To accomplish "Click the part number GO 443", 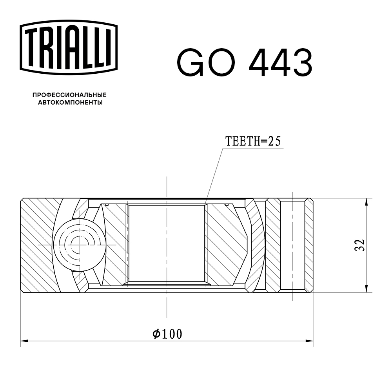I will pos(244,63).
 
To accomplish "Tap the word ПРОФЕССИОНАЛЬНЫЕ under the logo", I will pos(69,95).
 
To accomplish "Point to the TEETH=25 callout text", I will pos(253,142).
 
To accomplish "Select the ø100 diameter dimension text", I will pos(167,334).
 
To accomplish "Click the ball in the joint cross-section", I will pos(80,245).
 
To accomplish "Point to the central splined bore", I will pos(167,243).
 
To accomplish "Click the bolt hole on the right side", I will pos(293,245).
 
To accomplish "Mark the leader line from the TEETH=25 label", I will pos(215,172).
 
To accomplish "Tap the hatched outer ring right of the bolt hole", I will pos(309,245).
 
